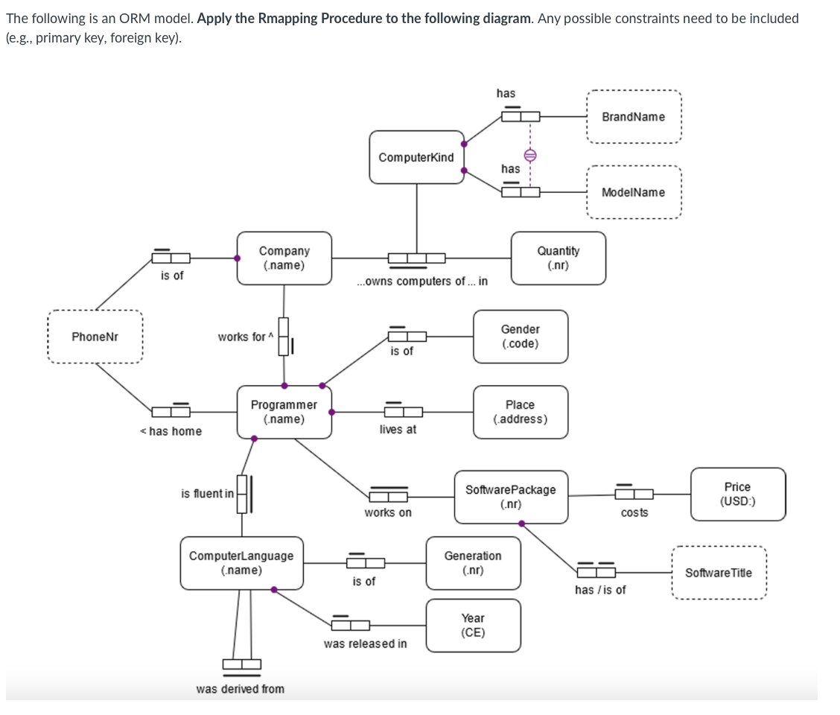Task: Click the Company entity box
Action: tap(284, 258)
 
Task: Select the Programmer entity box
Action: tap(284, 412)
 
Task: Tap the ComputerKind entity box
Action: tap(416, 157)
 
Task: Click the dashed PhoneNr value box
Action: tap(95, 337)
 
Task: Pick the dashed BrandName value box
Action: tap(633, 117)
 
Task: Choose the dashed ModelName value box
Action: tap(633, 192)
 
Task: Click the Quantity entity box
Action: tap(558, 258)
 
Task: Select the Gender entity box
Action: tap(520, 337)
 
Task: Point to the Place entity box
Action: tap(520, 412)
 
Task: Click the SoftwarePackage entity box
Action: tap(510, 496)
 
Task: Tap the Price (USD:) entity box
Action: tap(737, 494)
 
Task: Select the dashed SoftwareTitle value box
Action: tap(718, 573)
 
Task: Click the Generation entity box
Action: tap(473, 563)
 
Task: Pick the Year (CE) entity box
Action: tap(473, 626)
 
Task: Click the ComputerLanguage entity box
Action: tap(241, 563)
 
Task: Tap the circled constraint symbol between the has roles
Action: tap(529, 155)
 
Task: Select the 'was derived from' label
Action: tap(240, 689)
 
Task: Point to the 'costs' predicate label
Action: tap(634, 512)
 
